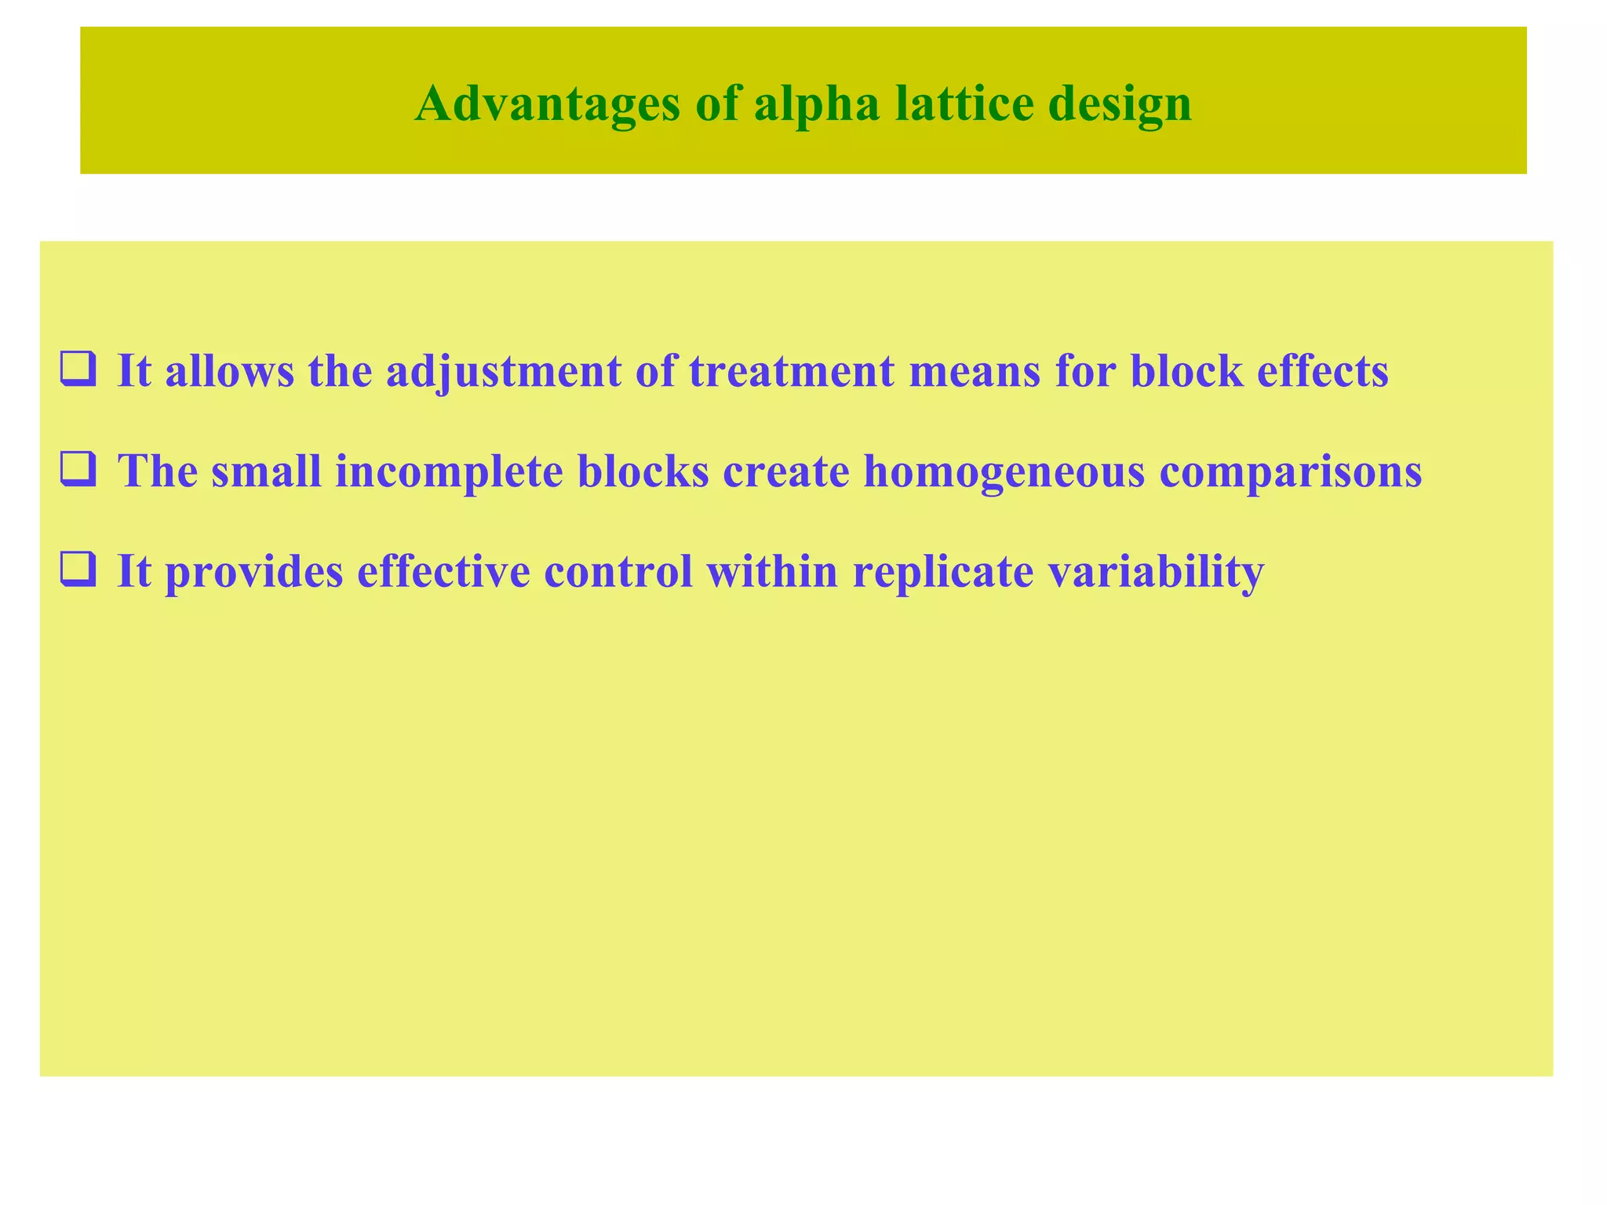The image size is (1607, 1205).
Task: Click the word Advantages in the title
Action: pos(547,104)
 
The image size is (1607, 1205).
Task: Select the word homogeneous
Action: pos(1004,472)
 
